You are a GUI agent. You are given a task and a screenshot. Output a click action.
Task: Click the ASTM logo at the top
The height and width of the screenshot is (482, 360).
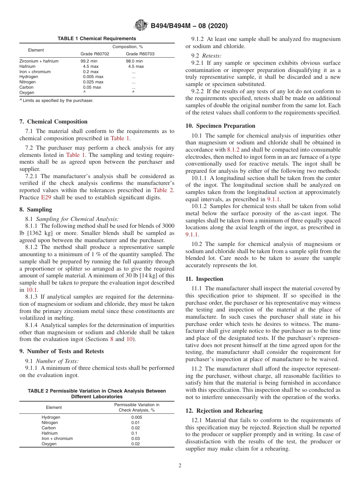click(141, 26)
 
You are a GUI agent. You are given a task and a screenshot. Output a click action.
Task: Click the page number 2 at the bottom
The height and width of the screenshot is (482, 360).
click(180, 466)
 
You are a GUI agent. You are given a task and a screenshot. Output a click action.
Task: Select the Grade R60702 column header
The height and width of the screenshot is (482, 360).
click(95, 54)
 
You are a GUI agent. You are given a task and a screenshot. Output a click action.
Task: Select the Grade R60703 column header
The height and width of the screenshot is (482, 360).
click(140, 54)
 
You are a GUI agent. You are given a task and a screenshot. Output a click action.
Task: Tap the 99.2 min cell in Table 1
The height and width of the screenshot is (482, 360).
click(89, 61)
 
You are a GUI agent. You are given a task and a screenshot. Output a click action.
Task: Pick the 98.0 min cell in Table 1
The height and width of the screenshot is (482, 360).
click(135, 61)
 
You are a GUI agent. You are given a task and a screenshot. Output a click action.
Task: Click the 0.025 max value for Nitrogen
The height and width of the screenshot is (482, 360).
click(93, 82)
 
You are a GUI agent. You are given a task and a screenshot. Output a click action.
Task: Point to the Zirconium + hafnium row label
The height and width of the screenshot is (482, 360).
click(39, 61)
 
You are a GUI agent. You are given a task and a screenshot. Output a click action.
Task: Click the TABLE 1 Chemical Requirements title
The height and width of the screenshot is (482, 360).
click(97, 39)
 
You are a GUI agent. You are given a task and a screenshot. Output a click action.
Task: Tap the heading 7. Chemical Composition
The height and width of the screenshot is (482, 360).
click(53, 122)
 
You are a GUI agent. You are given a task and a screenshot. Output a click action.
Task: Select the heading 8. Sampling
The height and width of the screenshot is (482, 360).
click(36, 210)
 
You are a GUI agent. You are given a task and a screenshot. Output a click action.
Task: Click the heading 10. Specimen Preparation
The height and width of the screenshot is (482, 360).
click(220, 126)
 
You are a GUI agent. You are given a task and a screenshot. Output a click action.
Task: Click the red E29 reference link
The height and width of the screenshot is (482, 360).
click(45, 197)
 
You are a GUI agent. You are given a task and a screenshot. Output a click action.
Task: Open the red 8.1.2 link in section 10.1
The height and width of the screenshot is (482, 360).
click(233, 150)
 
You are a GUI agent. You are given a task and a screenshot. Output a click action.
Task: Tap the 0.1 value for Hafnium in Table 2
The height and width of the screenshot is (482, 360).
click(135, 433)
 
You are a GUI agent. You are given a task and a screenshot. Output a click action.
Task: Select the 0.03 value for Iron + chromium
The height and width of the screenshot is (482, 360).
click(136, 438)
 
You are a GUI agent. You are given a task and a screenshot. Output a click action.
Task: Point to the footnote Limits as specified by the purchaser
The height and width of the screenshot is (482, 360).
click(57, 100)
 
